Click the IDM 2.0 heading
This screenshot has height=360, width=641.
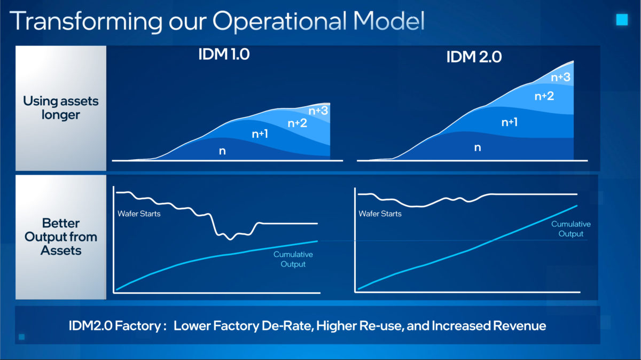pyautogui.click(x=474, y=58)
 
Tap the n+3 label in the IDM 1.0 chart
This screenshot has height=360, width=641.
pyautogui.click(x=319, y=111)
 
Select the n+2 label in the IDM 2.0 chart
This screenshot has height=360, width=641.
pyautogui.click(x=544, y=96)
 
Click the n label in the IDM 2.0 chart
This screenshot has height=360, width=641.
pyautogui.click(x=478, y=147)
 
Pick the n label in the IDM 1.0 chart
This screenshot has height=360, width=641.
pyautogui.click(x=222, y=151)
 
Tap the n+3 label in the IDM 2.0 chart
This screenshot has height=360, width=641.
pyautogui.click(x=560, y=77)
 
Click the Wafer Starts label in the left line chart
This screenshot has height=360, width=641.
pyautogui.click(x=139, y=214)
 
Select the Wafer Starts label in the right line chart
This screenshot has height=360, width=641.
pyautogui.click(x=380, y=214)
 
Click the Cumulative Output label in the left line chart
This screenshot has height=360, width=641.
pyautogui.click(x=293, y=259)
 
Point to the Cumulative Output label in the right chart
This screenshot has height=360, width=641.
pyautogui.click(x=571, y=229)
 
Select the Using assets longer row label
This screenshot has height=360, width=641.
pyautogui.click(x=61, y=108)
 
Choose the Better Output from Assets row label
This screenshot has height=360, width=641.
pyautogui.click(x=61, y=236)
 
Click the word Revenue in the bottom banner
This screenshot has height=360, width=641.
pyautogui.click(x=519, y=325)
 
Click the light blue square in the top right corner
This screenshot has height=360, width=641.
pyautogui.click(x=622, y=20)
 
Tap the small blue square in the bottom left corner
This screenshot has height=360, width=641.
pyautogui.click(x=21, y=337)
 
